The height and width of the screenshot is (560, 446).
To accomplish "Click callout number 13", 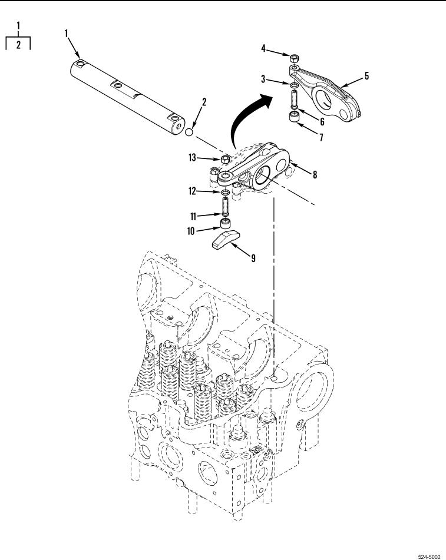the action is coord(192,157).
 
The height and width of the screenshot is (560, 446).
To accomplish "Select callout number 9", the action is coord(253,258).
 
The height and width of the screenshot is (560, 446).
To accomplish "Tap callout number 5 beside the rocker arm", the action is coord(366,76).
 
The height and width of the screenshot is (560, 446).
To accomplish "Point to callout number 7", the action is coord(321,137).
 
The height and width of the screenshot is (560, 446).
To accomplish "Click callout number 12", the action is coord(192,191).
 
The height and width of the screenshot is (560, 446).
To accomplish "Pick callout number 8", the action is coord(315,174).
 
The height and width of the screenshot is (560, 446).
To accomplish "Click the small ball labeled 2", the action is coord(189,132).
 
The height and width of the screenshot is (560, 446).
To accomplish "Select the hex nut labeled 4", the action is coord(294,58).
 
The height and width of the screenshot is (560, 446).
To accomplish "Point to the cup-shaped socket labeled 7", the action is coord(294,117).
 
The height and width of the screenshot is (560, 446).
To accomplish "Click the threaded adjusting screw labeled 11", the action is coord(226,206).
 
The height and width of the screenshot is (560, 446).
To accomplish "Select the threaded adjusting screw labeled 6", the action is coord(293,100).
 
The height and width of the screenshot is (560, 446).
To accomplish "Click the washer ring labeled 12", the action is coord(225,193).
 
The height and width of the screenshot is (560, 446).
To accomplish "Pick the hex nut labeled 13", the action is coord(225,159).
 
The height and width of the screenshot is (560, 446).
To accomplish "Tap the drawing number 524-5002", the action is coord(429,556).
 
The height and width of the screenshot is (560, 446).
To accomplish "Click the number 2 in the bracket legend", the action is coord(18,45).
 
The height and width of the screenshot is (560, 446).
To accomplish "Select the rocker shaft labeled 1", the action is coord(128,98).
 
